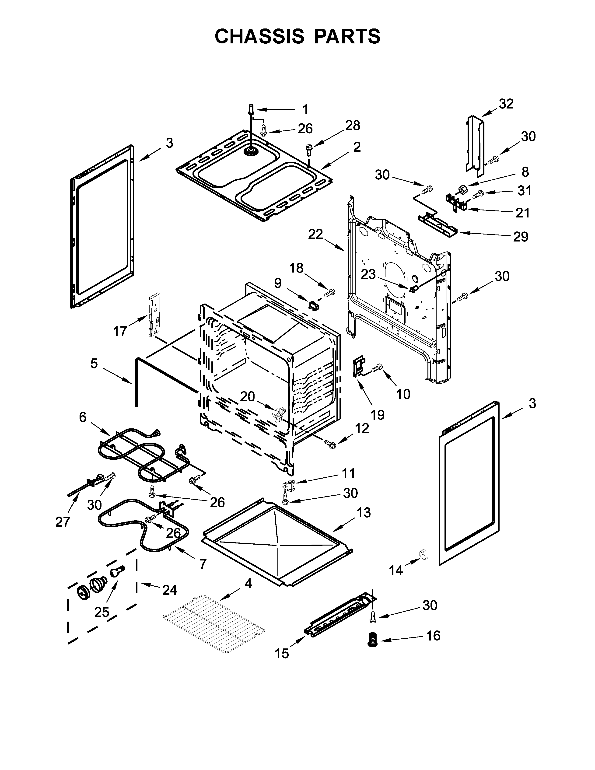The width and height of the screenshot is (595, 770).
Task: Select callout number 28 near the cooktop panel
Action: coord(353,126)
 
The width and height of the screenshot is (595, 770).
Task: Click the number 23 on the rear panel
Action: coord(368,274)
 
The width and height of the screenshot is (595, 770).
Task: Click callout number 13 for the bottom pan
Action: coord(363,513)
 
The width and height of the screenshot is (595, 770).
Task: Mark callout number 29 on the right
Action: coord(521,237)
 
